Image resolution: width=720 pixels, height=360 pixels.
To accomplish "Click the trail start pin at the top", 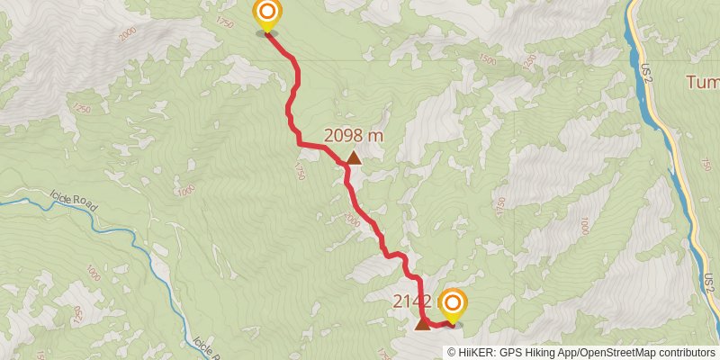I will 267,14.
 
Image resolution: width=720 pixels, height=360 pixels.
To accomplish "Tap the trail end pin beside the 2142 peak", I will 452,304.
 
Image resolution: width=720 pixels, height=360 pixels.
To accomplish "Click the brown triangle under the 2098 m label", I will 354,159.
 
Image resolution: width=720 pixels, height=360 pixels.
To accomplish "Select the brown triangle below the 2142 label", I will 422,323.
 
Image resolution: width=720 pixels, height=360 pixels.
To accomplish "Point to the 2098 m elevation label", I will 354,136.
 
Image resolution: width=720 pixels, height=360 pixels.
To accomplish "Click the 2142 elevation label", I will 412,302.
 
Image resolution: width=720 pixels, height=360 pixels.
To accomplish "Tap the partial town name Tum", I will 703,83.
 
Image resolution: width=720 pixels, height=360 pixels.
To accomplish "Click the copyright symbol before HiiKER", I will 453,352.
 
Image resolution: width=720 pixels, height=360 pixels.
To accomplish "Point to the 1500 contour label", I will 487,58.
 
